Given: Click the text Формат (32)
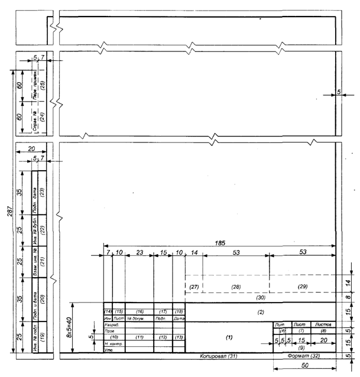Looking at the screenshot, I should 303,357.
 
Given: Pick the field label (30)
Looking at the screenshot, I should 260,297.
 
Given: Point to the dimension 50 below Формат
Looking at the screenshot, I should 304,367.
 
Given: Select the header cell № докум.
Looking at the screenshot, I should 138,318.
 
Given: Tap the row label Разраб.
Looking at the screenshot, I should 112,325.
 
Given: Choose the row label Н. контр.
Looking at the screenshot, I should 113,344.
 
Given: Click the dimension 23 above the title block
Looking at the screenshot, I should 139,252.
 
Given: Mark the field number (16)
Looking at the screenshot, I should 140,311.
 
